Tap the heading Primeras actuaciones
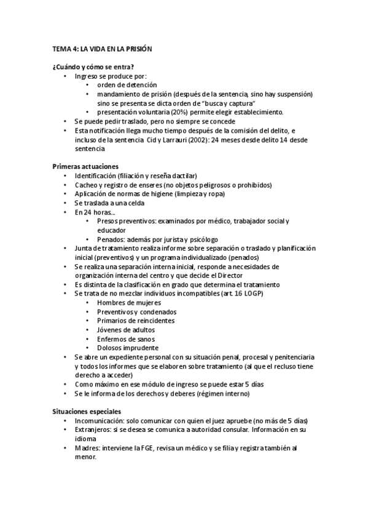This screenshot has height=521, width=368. coord(85,166)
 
